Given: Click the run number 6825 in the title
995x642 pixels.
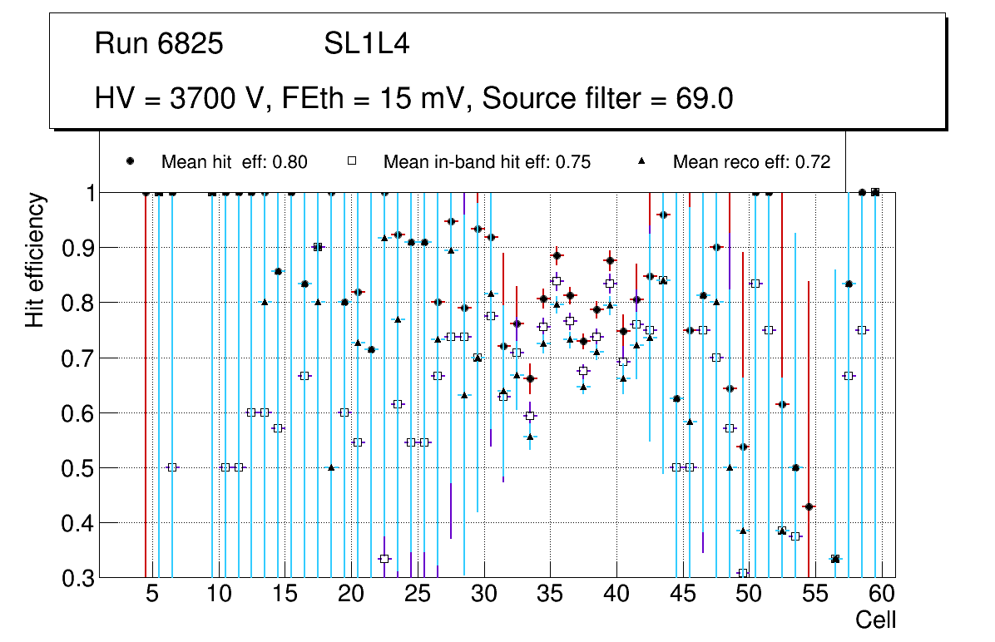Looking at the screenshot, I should (190, 44).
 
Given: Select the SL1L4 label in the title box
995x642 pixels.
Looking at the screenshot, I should (366, 44).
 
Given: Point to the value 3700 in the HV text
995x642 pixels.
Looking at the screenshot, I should (204, 99).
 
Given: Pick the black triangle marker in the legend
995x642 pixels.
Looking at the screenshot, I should (642, 161).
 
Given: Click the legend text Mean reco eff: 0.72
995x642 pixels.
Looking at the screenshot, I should (751, 162).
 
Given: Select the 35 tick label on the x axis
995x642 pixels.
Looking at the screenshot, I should (549, 595).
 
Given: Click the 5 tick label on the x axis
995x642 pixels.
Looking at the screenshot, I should (152, 595).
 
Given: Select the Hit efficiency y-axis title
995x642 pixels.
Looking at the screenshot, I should (35, 259).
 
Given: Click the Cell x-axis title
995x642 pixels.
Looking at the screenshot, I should (875, 620).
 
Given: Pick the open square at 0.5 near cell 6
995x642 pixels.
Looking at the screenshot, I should (172, 467).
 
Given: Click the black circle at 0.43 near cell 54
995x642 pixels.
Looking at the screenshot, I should (809, 506).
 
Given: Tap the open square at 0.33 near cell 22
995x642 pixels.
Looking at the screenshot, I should (384, 559).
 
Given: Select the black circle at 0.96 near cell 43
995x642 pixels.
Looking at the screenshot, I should (663, 215).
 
